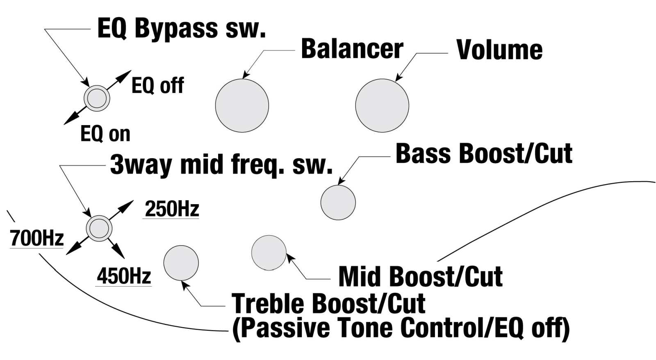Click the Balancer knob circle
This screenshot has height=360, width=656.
(x=242, y=105)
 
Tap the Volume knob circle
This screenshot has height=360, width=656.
(x=382, y=105)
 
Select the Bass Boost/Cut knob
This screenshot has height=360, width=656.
(x=338, y=203)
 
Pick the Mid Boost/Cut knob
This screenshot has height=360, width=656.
(x=269, y=253)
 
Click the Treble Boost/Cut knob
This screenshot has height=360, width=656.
(x=181, y=263)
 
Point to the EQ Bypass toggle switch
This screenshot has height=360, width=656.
(x=97, y=98)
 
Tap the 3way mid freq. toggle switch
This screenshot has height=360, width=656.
(x=99, y=228)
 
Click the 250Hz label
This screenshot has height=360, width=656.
(x=172, y=209)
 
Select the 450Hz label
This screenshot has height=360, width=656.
(x=124, y=276)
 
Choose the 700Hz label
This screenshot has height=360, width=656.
(x=37, y=238)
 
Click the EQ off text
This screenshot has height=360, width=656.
(x=158, y=86)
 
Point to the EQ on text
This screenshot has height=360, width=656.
(x=105, y=134)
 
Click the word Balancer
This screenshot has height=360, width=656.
(x=352, y=49)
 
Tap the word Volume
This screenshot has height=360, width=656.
(x=500, y=50)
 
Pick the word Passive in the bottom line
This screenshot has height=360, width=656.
(x=281, y=328)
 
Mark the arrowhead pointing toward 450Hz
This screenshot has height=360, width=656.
(x=119, y=253)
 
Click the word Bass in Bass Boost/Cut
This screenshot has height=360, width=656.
(x=423, y=153)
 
